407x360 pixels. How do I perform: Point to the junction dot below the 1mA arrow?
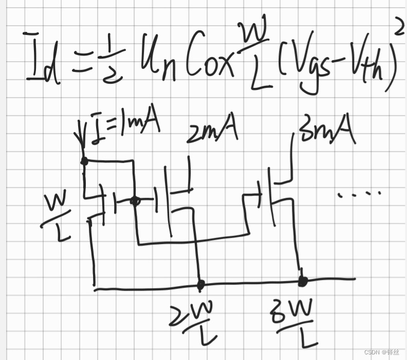[84, 161]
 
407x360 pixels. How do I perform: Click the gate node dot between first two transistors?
[135, 201]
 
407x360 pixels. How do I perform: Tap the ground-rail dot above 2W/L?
[201, 283]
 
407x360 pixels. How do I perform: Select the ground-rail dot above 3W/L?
[303, 281]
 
